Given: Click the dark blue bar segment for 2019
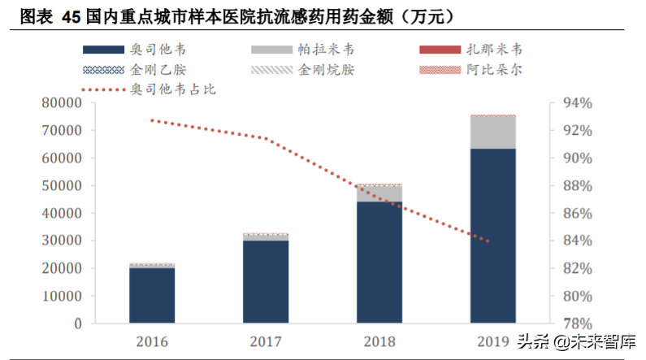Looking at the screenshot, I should pyautogui.click(x=492, y=236).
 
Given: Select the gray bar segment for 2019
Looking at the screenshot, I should pyautogui.click(x=492, y=132).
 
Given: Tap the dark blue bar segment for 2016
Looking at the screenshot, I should pyautogui.click(x=152, y=295).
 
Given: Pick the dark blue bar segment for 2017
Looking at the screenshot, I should pyautogui.click(x=266, y=281).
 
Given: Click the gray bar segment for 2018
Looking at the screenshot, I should pyautogui.click(x=379, y=193).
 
